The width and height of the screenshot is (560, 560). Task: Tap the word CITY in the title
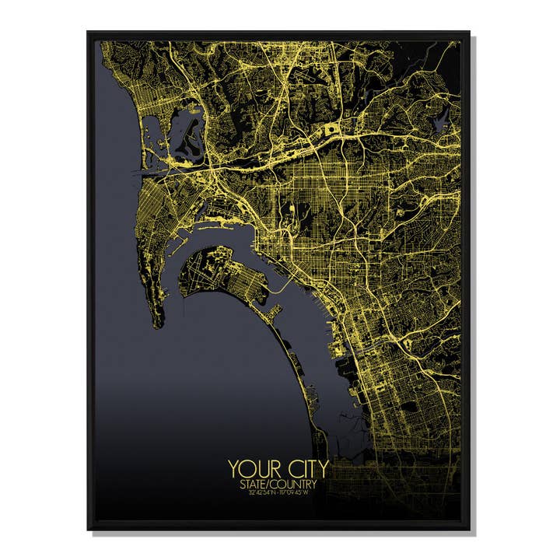[306, 469]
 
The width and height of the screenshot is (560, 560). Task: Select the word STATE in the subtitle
[254, 484]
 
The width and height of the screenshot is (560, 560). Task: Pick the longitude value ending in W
[299, 492]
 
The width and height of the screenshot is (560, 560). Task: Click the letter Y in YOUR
[233, 469]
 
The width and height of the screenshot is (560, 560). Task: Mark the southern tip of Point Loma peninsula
[158, 324]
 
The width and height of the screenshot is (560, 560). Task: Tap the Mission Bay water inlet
[183, 132]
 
